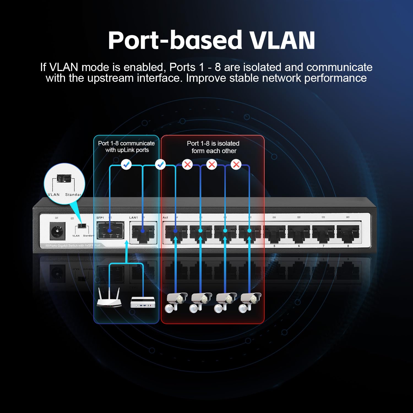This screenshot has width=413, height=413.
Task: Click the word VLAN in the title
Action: pos(282,41)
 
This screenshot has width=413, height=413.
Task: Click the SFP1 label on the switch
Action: pos(100,218)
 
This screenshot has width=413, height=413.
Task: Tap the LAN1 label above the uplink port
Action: pos(134,218)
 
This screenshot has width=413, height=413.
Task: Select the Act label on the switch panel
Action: pos(165,218)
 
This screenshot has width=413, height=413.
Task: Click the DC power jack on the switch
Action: pos(58,231)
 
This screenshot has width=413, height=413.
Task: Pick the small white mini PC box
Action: pos(143,302)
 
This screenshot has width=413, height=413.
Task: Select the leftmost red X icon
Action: pos(188,165)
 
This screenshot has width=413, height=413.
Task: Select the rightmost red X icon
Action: pos(236,165)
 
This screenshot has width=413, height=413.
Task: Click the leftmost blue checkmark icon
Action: pos(126,165)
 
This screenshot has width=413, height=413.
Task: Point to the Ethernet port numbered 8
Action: pos(348,233)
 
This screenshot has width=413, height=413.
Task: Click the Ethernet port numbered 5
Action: pos(275,233)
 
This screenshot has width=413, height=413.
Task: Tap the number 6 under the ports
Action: pos(299,246)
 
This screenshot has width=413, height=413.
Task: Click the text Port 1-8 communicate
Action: pos(126,143)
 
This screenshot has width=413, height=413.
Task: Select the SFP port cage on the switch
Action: pos(110,231)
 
